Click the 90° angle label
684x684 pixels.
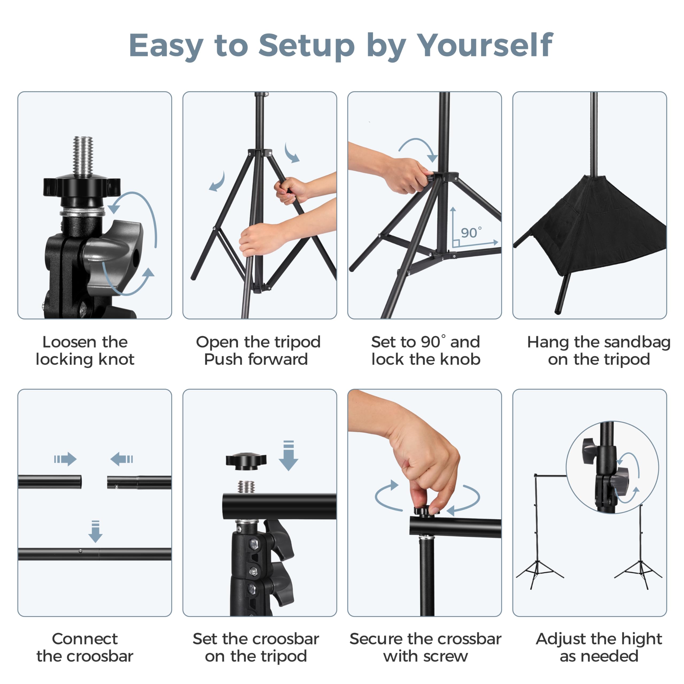click(x=471, y=233)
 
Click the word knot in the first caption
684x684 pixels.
click(x=116, y=360)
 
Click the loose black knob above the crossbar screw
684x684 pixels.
click(x=246, y=461)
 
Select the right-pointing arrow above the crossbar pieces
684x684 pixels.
click(x=65, y=459)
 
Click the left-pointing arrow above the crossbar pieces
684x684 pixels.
click(x=122, y=459)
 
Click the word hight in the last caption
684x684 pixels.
click(x=642, y=639)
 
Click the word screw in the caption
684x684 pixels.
click(x=445, y=656)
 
